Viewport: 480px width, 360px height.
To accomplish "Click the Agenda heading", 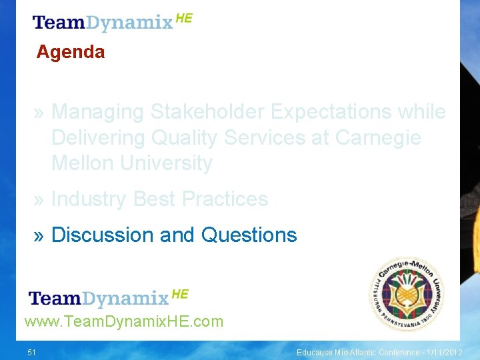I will tap(71, 52).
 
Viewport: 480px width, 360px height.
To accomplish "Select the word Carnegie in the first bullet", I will tap(378, 137).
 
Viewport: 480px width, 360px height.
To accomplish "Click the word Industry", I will tap(89, 199).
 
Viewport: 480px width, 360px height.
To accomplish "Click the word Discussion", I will tap(103, 235).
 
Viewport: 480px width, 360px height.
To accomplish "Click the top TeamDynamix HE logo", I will tap(112, 22).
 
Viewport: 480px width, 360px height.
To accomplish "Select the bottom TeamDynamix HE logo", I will tap(109, 297).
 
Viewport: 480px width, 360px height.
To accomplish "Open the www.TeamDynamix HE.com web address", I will tap(124, 322).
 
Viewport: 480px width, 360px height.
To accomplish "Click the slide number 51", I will tap(32, 352).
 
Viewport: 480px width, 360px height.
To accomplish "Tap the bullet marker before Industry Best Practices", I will tap(39, 199).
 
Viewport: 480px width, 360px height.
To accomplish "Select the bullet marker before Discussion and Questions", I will tap(39, 235).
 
